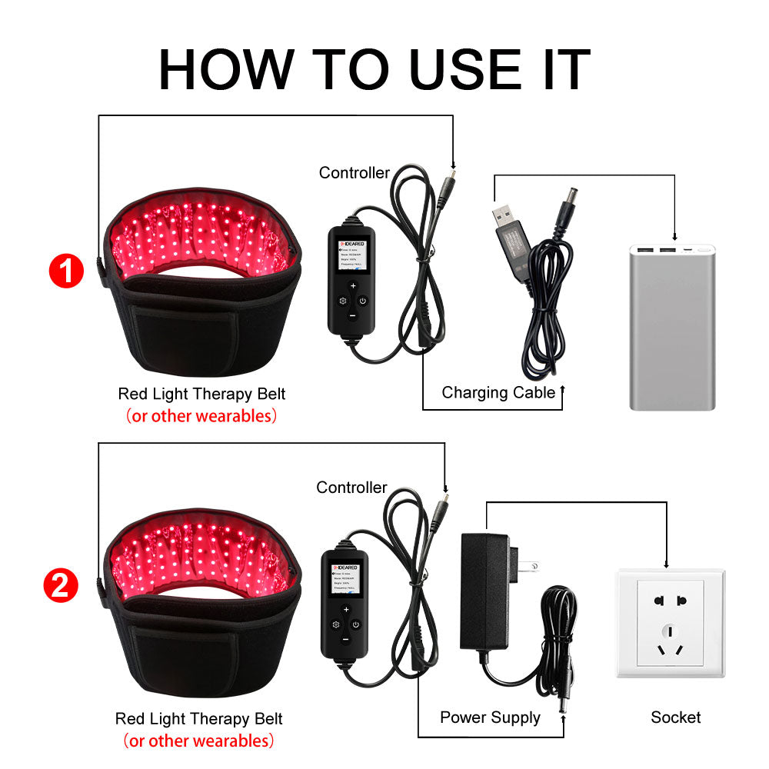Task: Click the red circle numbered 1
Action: coord(65,272)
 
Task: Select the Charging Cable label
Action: coord(498,393)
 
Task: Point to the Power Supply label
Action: coord(490,717)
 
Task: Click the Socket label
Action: coord(675,717)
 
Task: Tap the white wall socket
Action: coord(670,623)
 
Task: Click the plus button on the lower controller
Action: coord(346,610)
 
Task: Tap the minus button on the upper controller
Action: coord(352,315)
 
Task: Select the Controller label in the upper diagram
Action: coord(354,173)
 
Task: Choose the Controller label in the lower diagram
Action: coord(351,488)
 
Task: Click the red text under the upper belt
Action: coord(201,416)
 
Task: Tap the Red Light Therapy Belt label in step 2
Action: coord(199,719)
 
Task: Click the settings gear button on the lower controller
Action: coord(335,624)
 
